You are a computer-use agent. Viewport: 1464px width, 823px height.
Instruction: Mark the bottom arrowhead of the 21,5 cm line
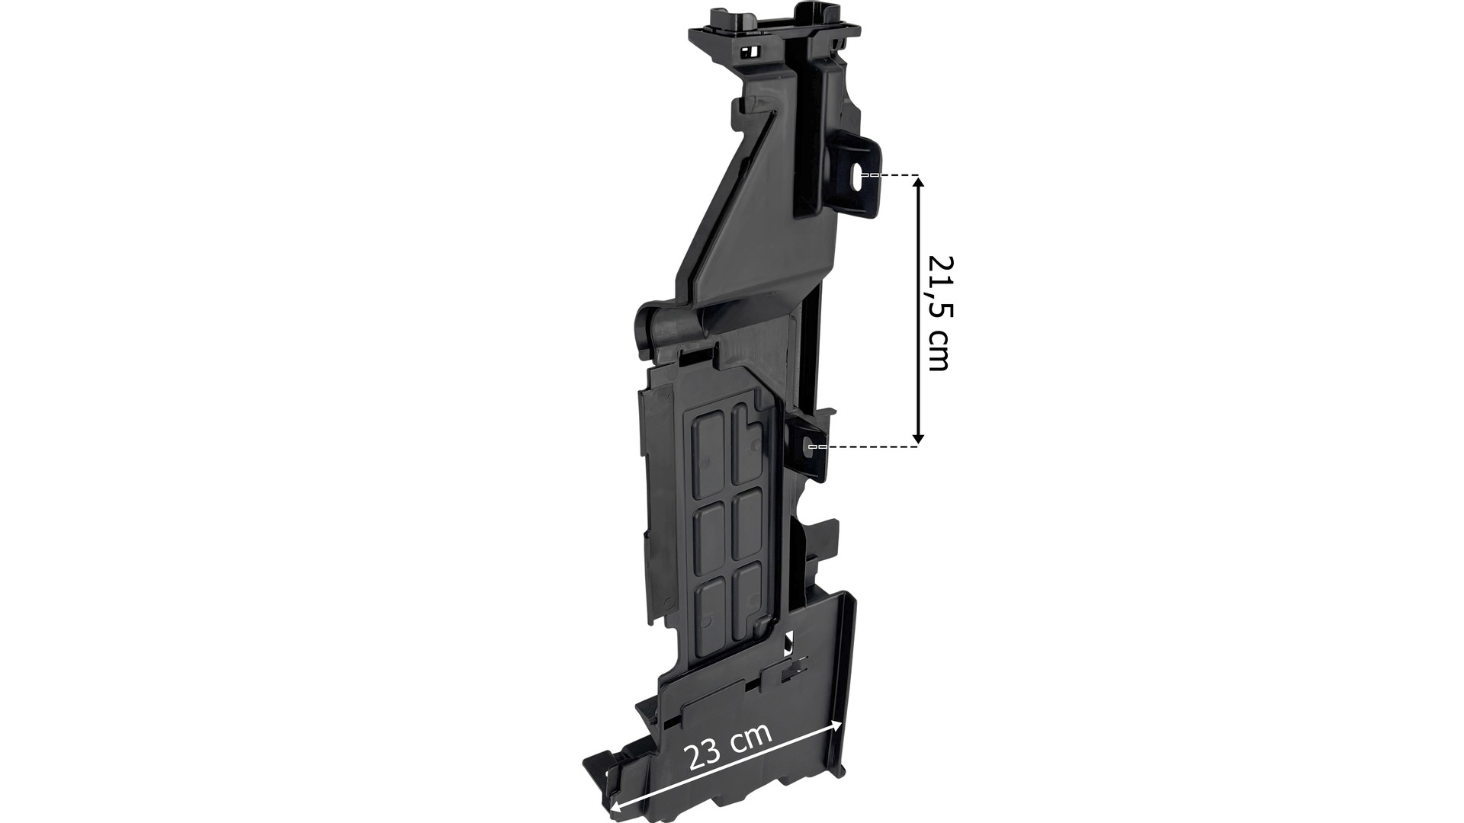[918, 437]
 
